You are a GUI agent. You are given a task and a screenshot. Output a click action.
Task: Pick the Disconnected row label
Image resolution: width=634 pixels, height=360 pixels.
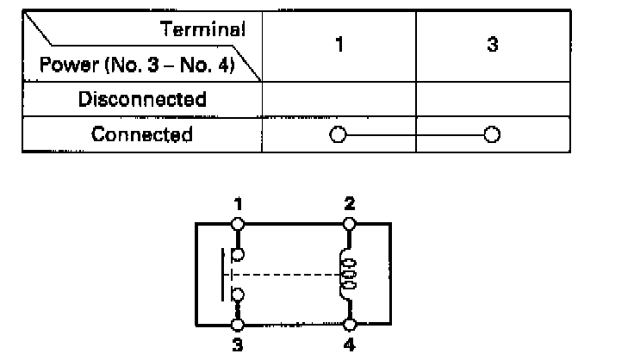(142, 99)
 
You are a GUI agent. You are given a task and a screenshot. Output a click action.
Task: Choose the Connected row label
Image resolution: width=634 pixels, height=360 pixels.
(142, 134)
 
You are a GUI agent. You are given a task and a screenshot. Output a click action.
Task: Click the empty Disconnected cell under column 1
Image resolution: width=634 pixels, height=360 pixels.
(339, 99)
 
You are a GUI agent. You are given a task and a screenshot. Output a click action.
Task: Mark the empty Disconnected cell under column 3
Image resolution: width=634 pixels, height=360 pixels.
(492, 99)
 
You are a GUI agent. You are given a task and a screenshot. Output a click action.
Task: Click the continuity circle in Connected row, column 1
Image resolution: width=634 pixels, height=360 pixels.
(338, 135)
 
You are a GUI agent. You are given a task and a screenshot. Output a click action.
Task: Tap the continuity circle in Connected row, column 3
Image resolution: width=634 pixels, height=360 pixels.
(491, 135)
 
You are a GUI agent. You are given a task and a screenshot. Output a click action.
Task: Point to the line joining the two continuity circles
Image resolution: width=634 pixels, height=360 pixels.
(414, 135)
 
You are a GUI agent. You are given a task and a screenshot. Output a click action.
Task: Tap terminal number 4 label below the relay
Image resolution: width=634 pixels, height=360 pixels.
(349, 341)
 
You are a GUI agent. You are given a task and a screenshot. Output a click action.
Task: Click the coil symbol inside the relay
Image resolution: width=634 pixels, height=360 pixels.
(350, 274)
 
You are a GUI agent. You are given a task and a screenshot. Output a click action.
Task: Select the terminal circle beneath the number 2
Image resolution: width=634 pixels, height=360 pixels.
(349, 224)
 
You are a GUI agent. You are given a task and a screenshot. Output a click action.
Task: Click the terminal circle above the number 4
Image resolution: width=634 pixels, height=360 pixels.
(349, 325)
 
